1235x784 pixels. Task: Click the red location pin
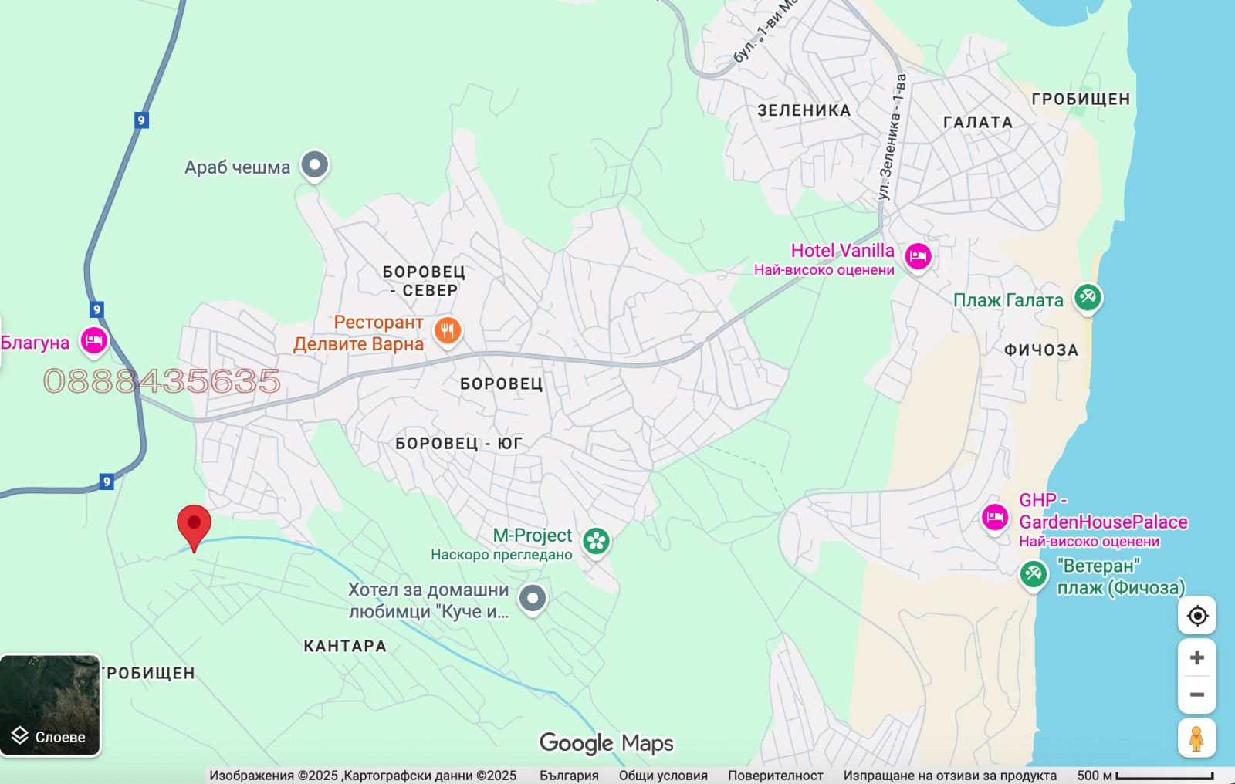194,525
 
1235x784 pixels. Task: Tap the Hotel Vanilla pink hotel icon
918,255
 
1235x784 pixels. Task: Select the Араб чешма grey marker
315,164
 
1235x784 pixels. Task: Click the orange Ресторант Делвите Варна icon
448,330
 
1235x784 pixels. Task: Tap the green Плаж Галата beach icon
1088,296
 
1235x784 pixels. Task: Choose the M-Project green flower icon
596,541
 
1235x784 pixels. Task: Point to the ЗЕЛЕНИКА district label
804,110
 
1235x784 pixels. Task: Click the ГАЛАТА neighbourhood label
977,122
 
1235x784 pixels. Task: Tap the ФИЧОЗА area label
1040,350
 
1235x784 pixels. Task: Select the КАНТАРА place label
345,646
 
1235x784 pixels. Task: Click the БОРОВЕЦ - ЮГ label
458,444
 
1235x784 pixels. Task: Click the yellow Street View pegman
1196,738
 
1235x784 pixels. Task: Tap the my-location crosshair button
1196,616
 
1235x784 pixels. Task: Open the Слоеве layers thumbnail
50,705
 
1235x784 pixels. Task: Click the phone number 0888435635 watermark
162,381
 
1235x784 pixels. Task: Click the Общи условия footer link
662,776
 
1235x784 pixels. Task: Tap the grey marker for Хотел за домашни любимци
533,598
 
